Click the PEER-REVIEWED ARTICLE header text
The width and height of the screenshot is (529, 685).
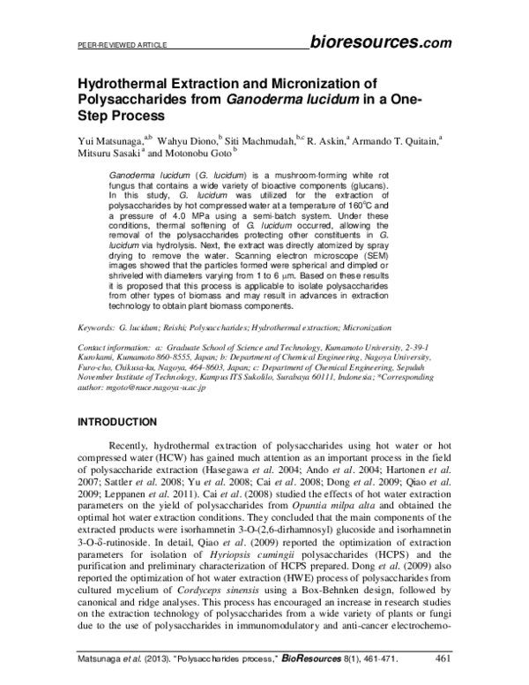tap(112, 43)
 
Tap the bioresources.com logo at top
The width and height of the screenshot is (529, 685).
tap(382, 40)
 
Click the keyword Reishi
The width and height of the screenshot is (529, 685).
tap(190, 326)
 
